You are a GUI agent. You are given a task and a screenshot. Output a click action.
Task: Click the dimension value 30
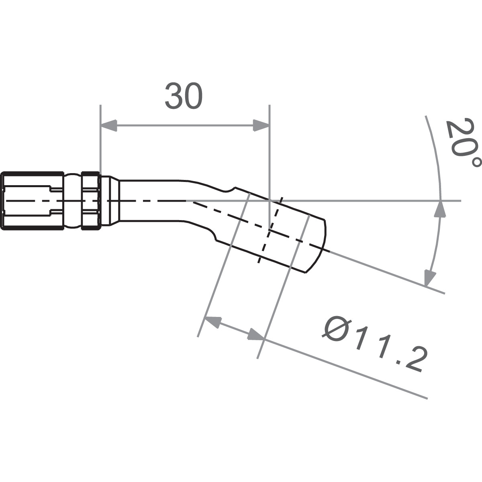point(184,97)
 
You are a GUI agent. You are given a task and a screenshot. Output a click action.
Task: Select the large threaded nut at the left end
point(32,201)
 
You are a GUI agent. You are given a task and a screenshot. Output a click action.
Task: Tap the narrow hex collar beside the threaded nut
point(90,201)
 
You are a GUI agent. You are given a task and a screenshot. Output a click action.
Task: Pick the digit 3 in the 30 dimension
point(174,97)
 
